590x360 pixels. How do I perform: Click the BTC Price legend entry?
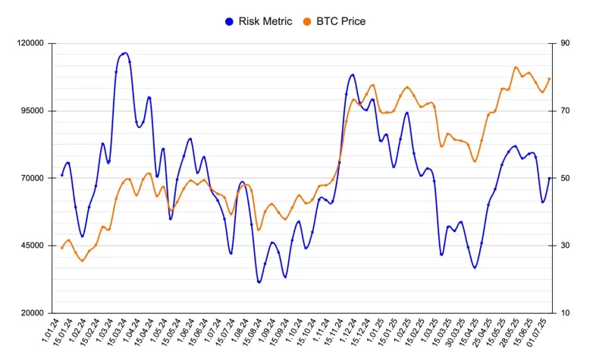(341, 21)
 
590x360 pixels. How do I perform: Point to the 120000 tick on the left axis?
(30, 44)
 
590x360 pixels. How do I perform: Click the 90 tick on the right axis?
(565, 44)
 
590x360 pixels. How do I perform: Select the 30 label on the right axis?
(565, 246)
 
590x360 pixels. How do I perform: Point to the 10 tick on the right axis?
(565, 313)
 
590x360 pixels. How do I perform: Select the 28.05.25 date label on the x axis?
(510, 333)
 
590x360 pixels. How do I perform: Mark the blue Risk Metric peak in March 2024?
(124, 53)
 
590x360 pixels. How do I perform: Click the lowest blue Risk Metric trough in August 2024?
(259, 282)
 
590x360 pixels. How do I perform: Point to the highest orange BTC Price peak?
(516, 67)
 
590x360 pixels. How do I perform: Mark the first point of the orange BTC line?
(61, 248)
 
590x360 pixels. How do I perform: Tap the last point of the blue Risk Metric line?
(550, 178)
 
